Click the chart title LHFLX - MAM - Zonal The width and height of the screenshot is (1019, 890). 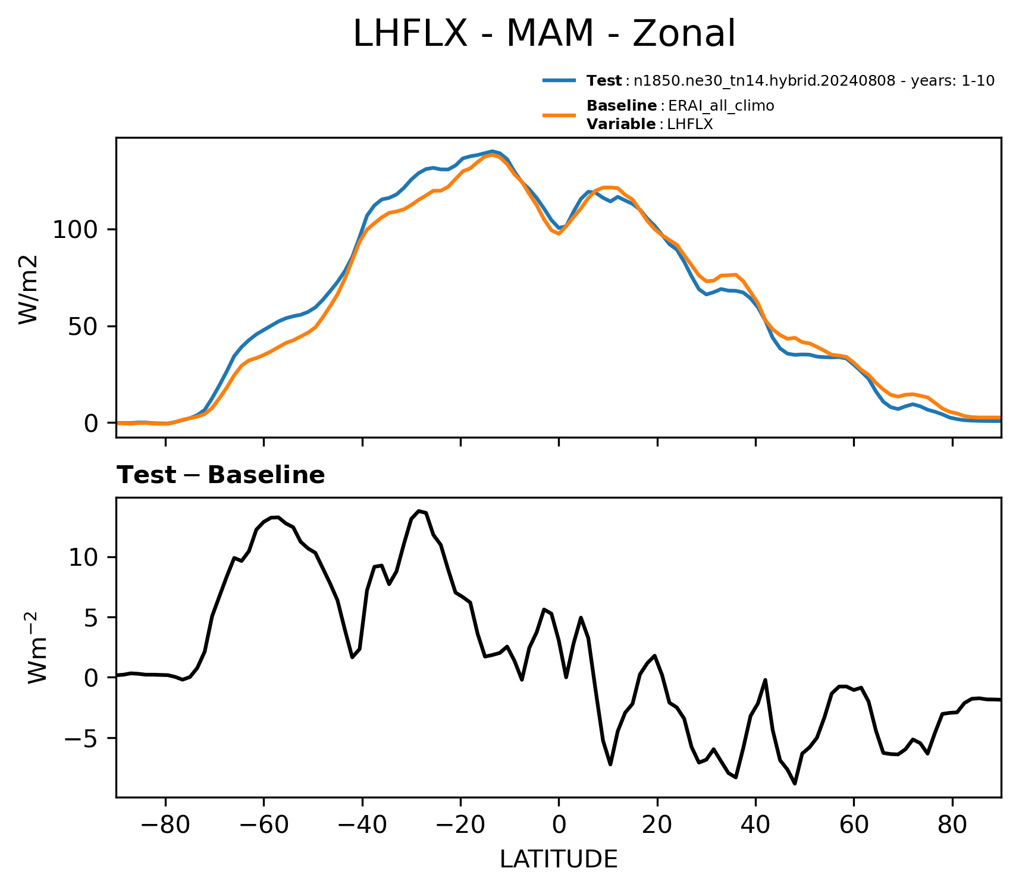click(x=544, y=34)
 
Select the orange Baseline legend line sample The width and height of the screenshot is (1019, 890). click(x=559, y=115)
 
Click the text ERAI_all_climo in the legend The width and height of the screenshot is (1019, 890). click(x=721, y=106)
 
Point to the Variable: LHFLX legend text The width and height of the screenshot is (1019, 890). click(x=650, y=124)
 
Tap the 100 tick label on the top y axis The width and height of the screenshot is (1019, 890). click(x=76, y=230)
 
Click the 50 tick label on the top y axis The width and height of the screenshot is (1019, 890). click(x=83, y=327)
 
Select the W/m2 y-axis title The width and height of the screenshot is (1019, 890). click(x=28, y=290)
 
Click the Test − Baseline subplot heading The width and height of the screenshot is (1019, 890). click(x=221, y=475)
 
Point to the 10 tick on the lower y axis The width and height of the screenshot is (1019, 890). click(x=83, y=557)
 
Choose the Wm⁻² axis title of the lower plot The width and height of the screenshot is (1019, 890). click(x=37, y=647)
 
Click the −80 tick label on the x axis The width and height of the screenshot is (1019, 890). click(x=165, y=825)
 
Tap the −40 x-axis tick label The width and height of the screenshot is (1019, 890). click(x=362, y=825)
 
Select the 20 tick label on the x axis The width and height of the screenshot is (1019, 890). click(x=657, y=825)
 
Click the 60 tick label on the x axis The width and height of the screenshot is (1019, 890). click(x=854, y=825)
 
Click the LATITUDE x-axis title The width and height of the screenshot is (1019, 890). click(x=559, y=860)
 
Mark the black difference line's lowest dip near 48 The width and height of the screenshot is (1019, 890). click(x=795, y=784)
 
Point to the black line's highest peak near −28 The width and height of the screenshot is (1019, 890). click(x=419, y=510)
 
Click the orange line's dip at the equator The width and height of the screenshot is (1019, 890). click(x=559, y=234)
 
